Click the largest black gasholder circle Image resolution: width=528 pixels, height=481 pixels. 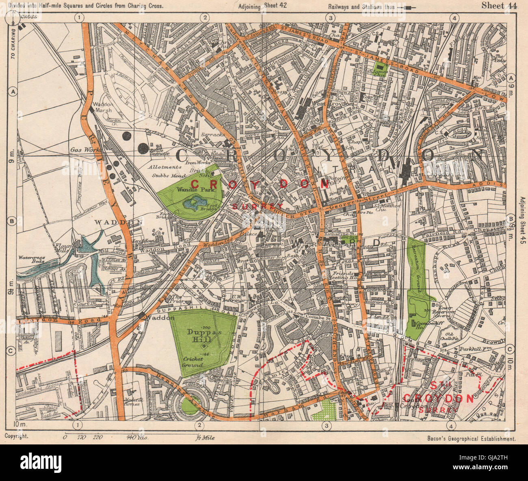pyautogui.click(x=143, y=149)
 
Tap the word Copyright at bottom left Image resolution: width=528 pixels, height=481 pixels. pyautogui.click(x=16, y=435)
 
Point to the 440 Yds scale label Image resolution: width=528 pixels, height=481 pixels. pyautogui.click(x=137, y=438)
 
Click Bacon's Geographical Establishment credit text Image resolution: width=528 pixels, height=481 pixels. pyautogui.click(x=471, y=439)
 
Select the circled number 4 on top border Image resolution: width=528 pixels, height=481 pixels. pyautogui.click(x=454, y=17)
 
